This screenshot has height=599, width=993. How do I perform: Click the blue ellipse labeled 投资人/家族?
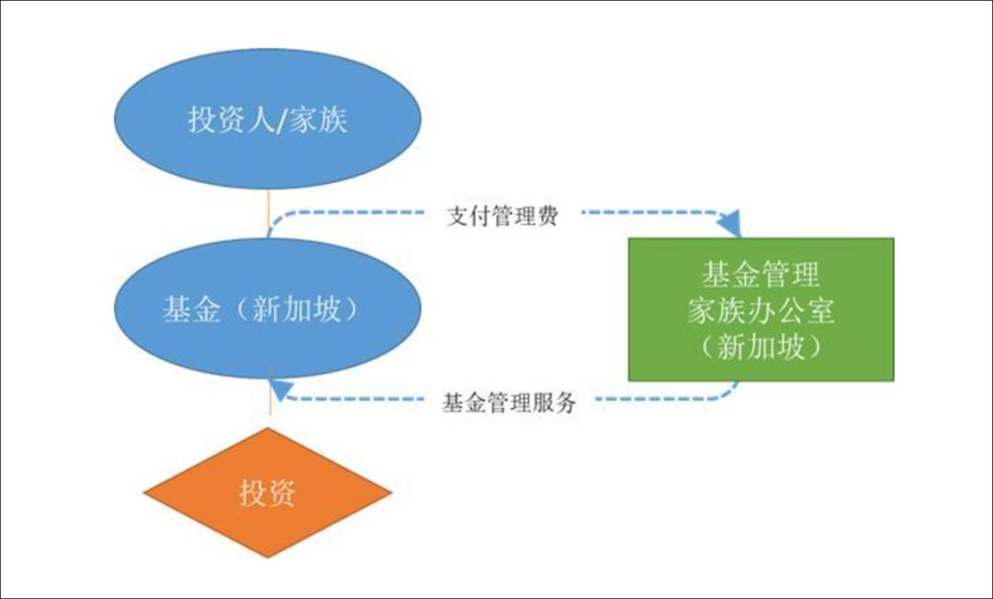(x=268, y=119)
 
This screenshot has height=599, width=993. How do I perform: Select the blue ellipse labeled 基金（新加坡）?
(x=268, y=309)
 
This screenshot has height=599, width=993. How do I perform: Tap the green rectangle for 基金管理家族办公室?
(x=760, y=310)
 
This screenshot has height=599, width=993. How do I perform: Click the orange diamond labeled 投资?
(x=268, y=492)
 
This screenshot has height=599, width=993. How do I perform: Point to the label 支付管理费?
(x=502, y=216)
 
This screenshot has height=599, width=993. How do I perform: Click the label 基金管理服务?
(x=509, y=402)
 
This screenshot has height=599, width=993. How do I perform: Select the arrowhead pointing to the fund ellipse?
(x=280, y=389)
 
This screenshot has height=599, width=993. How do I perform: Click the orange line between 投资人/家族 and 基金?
(x=268, y=213)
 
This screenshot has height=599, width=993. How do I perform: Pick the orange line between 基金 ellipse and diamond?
(x=270, y=397)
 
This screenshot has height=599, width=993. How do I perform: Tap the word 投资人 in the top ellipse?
(x=231, y=119)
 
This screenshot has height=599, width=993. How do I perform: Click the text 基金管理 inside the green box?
(x=760, y=275)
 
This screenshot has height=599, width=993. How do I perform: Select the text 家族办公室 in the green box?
(x=760, y=311)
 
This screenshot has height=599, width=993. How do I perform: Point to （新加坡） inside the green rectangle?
(x=760, y=346)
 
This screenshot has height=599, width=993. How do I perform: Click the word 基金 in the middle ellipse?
(x=191, y=310)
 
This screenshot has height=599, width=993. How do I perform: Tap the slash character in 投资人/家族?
(x=282, y=119)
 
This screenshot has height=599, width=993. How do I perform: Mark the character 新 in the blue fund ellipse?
(x=266, y=310)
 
